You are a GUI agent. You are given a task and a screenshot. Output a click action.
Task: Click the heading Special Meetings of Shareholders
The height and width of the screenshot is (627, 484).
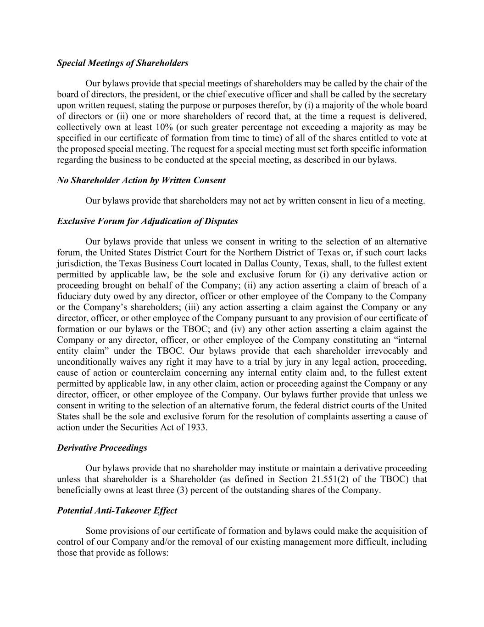point(122,63)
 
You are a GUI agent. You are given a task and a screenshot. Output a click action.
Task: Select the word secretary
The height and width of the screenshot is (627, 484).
point(408,95)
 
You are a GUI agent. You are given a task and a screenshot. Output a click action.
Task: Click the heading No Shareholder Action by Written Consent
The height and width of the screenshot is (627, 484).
point(141,181)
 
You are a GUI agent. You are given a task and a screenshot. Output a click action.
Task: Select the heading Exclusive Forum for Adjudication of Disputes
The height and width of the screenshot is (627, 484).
point(147,221)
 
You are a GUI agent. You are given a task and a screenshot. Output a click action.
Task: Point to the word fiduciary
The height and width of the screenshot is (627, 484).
point(72,296)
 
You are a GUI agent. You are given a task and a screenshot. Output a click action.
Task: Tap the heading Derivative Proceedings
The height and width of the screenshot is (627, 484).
point(102,448)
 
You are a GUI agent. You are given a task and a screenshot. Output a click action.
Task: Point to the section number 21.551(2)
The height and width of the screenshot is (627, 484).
point(331,479)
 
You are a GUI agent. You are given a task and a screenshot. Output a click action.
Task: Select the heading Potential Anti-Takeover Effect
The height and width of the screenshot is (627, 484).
point(117,510)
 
